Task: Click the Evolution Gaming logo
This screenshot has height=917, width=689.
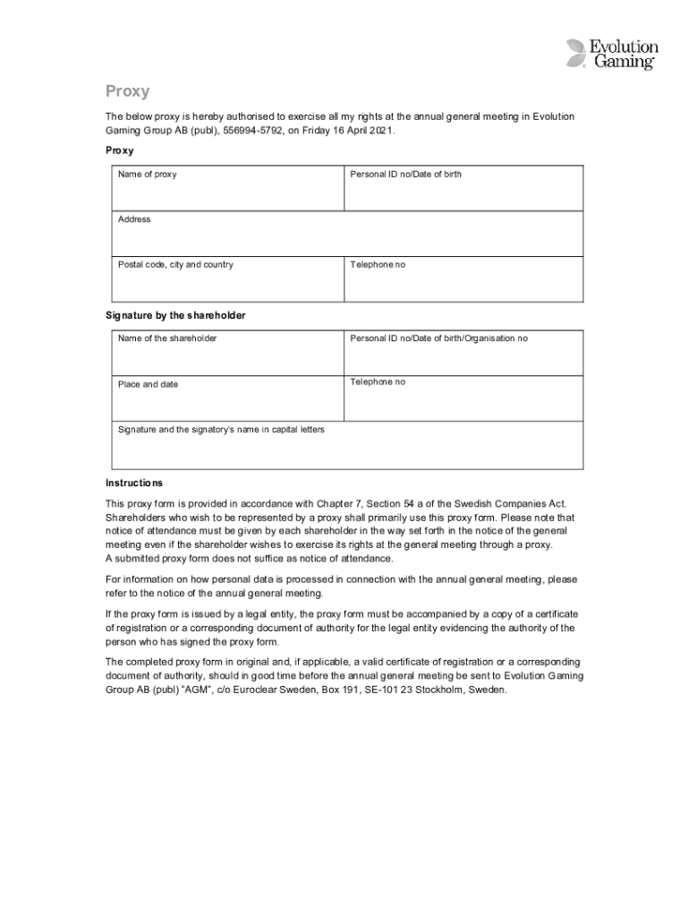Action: click(x=612, y=55)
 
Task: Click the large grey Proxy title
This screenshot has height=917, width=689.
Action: click(x=127, y=91)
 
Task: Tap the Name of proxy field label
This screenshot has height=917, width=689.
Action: click(x=148, y=174)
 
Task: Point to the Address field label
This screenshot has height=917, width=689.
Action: click(x=134, y=219)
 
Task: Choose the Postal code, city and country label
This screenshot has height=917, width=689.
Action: click(x=175, y=265)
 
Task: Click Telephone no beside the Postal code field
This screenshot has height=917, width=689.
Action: click(x=378, y=265)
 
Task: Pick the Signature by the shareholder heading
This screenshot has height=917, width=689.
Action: click(x=175, y=315)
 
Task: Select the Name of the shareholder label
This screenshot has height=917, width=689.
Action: click(x=167, y=339)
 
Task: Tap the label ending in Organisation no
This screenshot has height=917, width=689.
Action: click(x=438, y=339)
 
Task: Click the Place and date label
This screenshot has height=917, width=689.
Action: click(x=148, y=384)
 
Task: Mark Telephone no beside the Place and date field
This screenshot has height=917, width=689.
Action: click(x=378, y=381)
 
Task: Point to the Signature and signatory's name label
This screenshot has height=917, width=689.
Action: click(x=221, y=430)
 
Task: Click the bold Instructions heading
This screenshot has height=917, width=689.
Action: click(x=134, y=483)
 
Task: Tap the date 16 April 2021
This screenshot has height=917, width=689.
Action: click(x=361, y=131)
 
